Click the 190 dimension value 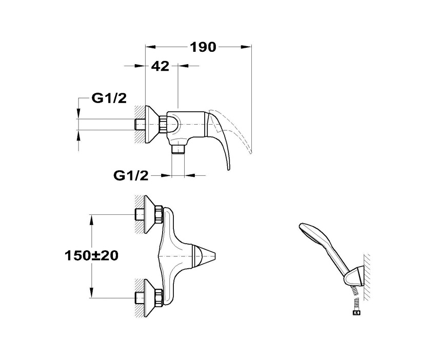click(203, 47)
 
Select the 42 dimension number click(160, 66)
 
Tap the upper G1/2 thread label click(109, 98)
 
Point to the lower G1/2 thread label click(131, 175)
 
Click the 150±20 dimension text click(91, 255)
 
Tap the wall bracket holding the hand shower click(354, 275)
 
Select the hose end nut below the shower click(356, 313)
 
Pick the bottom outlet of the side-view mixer click(178, 149)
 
